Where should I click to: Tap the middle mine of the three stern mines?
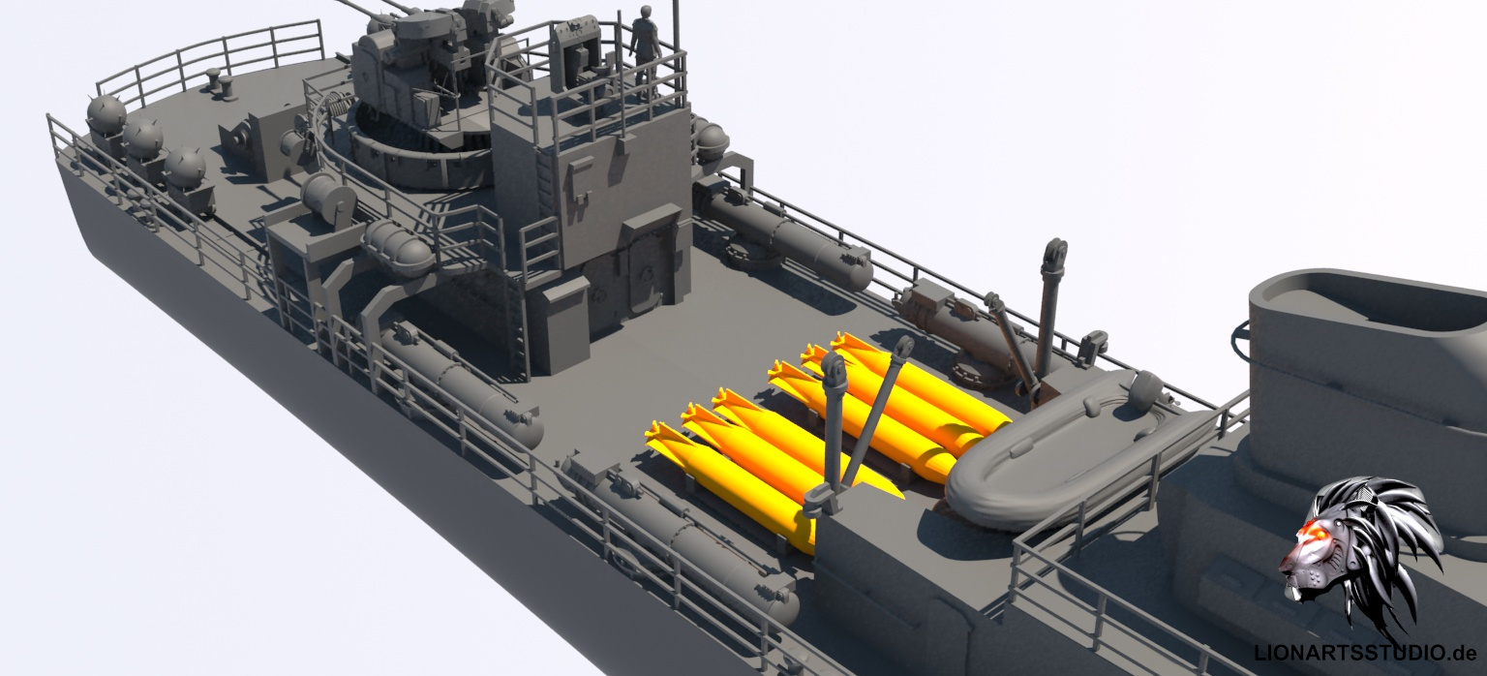[142, 138]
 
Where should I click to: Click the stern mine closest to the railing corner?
[106, 115]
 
